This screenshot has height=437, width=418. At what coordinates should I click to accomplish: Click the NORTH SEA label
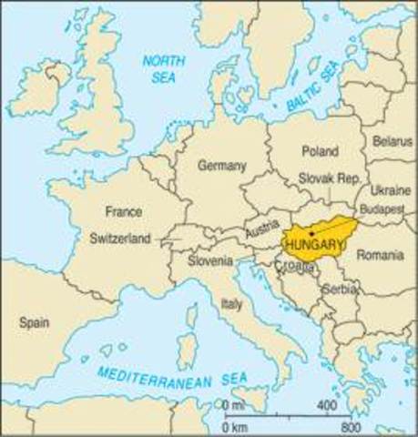(166, 68)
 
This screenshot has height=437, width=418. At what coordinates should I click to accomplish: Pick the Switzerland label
(120, 239)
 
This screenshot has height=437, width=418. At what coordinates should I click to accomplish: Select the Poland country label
(319, 151)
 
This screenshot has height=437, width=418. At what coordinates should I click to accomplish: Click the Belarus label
(393, 142)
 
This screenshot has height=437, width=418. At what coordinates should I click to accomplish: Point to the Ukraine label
(389, 190)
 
